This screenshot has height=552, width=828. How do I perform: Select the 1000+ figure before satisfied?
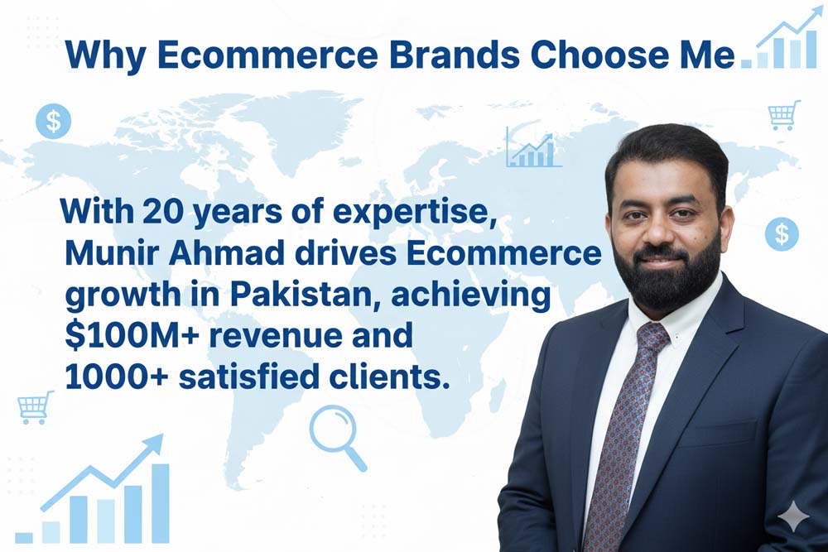117,377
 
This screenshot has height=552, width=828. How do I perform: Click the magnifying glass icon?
338,437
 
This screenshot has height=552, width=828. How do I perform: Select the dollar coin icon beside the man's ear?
782,233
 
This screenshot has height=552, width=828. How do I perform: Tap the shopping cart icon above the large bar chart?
36,407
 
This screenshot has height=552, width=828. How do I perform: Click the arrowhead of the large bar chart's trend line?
153,444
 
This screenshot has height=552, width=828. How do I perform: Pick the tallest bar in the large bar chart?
160,503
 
